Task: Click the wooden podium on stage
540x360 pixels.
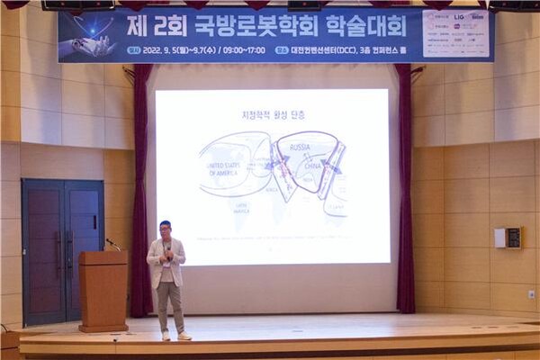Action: (x=103, y=290)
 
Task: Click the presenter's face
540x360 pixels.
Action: (x=165, y=229)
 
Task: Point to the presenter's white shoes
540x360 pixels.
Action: (x=175, y=336)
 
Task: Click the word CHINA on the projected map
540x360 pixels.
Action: (x=310, y=166)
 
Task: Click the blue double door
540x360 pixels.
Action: (x=62, y=251)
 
